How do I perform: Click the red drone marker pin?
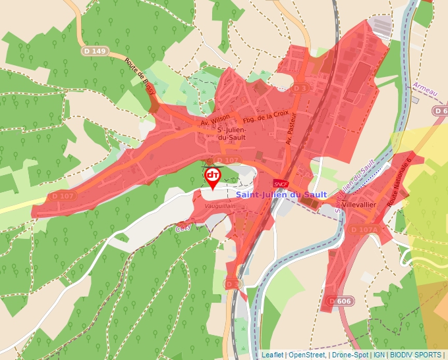click(213, 176)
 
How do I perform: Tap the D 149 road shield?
click(95, 51)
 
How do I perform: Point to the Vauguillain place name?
click(219, 205)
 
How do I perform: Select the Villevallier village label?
click(359, 205)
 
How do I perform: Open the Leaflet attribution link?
click(273, 355)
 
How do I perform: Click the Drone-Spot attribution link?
click(350, 355)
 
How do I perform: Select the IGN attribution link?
click(379, 355)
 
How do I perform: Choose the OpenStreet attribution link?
click(308, 355)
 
